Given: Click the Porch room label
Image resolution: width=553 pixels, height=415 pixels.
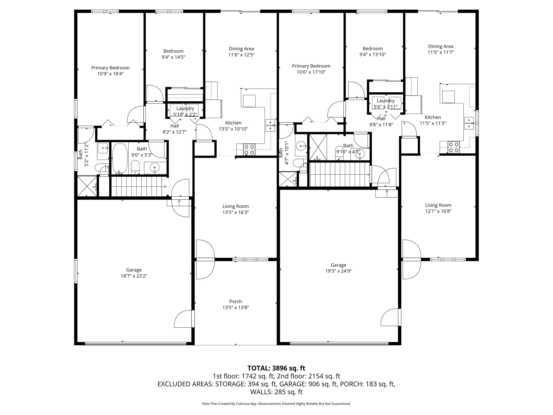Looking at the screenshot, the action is pyautogui.click(x=236, y=301).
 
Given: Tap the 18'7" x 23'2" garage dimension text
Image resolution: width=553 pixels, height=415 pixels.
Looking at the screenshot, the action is pyautogui.click(x=134, y=276).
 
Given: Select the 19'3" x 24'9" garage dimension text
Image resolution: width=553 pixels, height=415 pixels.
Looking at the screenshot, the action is pyautogui.click(x=338, y=271).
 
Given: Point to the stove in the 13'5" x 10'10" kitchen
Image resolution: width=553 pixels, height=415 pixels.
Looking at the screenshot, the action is pyautogui.click(x=249, y=149).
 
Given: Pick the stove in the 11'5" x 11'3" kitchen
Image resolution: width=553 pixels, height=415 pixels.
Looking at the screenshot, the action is pyautogui.click(x=454, y=147).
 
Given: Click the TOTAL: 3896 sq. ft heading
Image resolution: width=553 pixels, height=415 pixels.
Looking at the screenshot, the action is pyautogui.click(x=276, y=368).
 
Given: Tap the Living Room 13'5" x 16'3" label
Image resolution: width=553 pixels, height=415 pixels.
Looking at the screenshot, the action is pyautogui.click(x=236, y=209).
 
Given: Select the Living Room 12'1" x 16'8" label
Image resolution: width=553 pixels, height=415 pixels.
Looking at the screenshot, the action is pyautogui.click(x=438, y=208).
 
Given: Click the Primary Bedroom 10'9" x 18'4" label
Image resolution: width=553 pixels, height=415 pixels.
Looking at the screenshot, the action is pyautogui.click(x=110, y=70).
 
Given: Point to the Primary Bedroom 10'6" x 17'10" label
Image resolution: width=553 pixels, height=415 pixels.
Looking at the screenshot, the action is pyautogui.click(x=311, y=69).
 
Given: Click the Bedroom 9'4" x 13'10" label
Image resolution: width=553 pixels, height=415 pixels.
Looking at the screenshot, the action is pyautogui.click(x=373, y=51).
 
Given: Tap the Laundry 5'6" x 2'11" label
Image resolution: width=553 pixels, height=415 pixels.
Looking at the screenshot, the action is pyautogui.click(x=385, y=103).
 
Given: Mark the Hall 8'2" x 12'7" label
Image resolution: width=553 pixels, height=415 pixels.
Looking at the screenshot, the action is pyautogui.click(x=175, y=129).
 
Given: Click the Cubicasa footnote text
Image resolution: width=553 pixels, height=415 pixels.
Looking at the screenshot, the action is pyautogui.click(x=276, y=404).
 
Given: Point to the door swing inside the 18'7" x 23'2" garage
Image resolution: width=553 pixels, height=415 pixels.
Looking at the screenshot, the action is pyautogui.click(x=184, y=319).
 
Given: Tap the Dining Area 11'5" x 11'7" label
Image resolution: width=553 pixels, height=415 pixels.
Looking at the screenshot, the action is pyautogui.click(x=441, y=49).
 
